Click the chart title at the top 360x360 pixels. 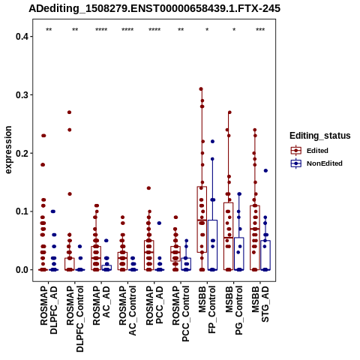[x=154, y=9]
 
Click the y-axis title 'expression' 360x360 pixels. [x=8, y=150]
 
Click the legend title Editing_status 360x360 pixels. [x=320, y=136]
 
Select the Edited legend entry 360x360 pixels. [x=310, y=151]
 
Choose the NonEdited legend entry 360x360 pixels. [x=316, y=163]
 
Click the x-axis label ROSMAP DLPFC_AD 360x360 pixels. [x=49, y=310]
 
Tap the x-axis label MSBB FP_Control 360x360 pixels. [x=207, y=310]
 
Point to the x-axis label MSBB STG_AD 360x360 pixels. [x=260, y=304]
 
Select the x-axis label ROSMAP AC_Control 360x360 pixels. [x=127, y=310]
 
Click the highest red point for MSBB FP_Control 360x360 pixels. [x=201, y=89]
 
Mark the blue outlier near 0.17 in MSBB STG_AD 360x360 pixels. [x=265, y=171]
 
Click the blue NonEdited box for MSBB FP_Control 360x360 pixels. [x=212, y=245]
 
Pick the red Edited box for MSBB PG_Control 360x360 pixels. [x=228, y=236]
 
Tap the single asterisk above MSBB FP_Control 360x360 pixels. [x=207, y=30]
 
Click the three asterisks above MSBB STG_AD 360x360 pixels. [x=260, y=30]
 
